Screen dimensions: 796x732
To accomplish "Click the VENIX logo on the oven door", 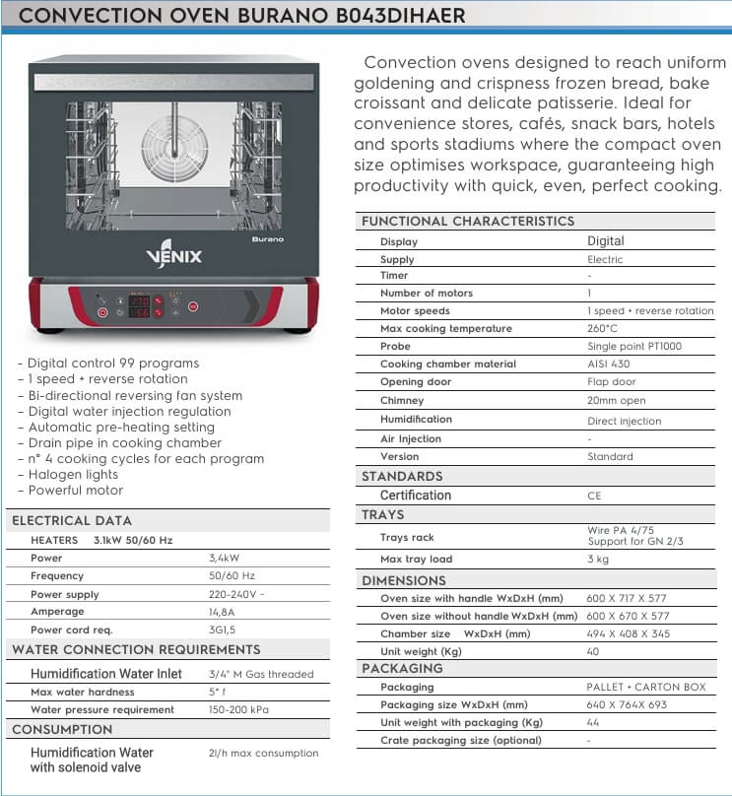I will coord(174,256).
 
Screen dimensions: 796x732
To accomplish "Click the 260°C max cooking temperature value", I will coord(603,328).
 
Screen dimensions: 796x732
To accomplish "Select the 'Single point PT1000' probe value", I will coord(633,346).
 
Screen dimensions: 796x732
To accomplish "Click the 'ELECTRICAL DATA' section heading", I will coord(71,520).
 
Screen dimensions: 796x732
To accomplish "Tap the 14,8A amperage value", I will coord(224,611).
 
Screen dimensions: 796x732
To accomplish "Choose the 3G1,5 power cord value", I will coord(225,629).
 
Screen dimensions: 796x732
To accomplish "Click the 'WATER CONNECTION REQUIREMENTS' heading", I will coord(136,650).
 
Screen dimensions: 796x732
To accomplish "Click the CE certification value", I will coord(594,496).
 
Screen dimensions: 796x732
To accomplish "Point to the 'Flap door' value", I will coord(612,381).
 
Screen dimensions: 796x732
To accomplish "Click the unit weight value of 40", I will coord(594,651).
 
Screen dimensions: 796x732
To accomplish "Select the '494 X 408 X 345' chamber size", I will coord(629,633).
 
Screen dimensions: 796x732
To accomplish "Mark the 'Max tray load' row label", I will coord(417,560).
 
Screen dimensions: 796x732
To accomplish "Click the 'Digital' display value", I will coord(605,240).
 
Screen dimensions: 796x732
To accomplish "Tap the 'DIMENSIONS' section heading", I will coord(404,580).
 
